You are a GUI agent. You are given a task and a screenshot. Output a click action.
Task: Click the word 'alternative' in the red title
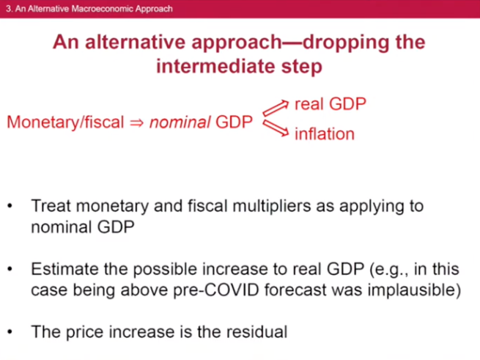[x=135, y=42]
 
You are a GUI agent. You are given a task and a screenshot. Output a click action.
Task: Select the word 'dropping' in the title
[x=346, y=43]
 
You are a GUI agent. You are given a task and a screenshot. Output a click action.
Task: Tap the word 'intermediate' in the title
[x=215, y=66]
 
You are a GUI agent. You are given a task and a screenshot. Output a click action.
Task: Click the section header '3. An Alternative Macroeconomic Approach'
[x=89, y=9]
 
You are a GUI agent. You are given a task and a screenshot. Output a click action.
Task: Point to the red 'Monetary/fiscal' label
[x=65, y=122]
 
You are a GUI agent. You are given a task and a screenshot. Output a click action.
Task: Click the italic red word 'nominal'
[x=180, y=122]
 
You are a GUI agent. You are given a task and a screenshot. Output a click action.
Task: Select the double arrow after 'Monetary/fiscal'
[x=136, y=123]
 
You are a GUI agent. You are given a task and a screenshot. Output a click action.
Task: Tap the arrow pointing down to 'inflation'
[x=276, y=128]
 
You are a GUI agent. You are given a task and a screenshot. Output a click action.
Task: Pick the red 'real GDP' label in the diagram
[x=331, y=104]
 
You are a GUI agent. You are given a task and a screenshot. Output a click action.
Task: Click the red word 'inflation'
[x=325, y=134]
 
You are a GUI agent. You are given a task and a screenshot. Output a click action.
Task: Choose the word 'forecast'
[x=295, y=290]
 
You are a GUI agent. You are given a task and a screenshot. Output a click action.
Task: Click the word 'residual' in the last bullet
[x=256, y=331]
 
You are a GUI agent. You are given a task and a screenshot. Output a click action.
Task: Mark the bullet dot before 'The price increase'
[x=10, y=332]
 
